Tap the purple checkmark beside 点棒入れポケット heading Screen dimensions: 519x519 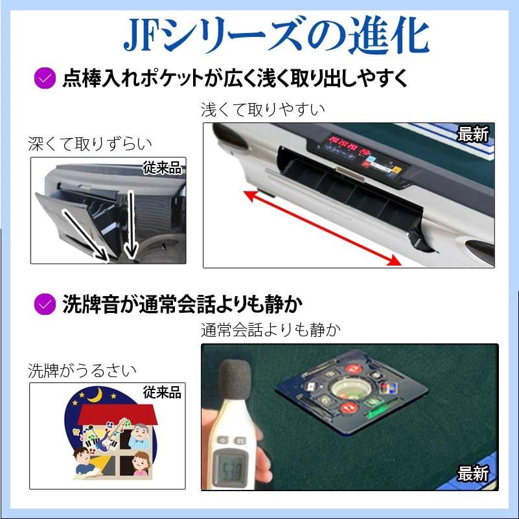(44, 78)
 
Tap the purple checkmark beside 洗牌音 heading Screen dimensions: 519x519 (44, 303)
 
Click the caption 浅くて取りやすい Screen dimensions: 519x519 (262, 109)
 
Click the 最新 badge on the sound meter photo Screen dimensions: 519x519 (473, 474)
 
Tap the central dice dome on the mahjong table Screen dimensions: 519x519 (349, 390)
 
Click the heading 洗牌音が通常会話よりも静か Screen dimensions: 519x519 (183, 303)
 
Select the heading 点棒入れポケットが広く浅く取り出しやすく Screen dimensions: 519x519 (235, 78)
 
